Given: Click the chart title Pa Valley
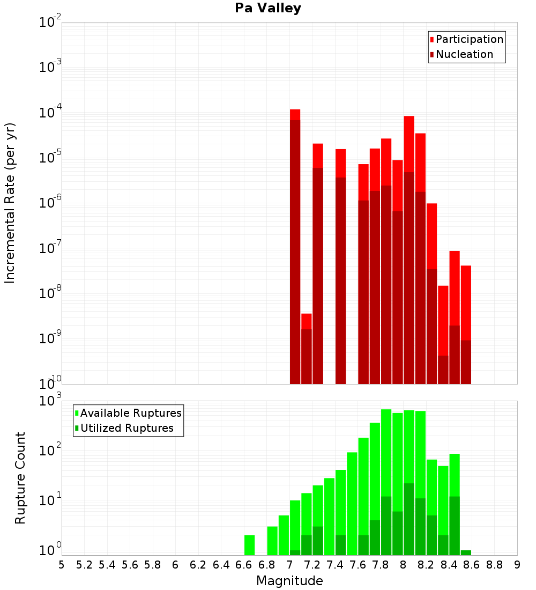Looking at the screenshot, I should point(268,8).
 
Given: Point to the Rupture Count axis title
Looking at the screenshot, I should point(20,478).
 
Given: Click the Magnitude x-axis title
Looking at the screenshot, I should point(289,581).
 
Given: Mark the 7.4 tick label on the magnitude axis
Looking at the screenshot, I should point(335,565).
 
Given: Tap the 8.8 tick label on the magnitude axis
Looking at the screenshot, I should point(494,565).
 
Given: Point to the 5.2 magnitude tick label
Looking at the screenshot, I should point(85,565).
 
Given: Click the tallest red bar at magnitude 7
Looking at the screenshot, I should point(295,247).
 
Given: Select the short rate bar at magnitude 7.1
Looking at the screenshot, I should point(306,349).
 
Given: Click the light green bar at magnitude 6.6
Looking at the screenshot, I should point(249,545).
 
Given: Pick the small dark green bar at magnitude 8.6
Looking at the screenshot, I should point(466,552).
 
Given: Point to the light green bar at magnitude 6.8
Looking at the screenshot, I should point(272,541).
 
